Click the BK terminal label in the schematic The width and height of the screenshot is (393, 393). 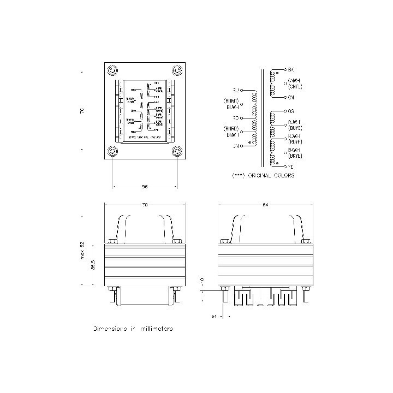click(x=291, y=70)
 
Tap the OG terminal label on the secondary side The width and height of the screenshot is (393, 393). click(x=291, y=111)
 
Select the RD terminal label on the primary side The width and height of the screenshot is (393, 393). click(x=236, y=117)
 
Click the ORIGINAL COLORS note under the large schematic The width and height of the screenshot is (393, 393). click(x=263, y=176)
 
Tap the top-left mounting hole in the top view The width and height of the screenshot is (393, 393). click(x=112, y=70)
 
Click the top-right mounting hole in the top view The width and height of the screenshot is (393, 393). click(x=176, y=70)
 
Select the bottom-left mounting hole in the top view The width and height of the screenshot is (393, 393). click(x=112, y=151)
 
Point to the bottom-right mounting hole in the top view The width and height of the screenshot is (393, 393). click(x=176, y=151)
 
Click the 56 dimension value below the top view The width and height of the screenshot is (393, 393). click(x=145, y=187)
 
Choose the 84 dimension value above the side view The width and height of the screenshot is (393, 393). click(x=265, y=205)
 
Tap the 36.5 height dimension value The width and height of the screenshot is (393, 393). click(x=93, y=265)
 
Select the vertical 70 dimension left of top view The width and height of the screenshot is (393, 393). click(x=82, y=111)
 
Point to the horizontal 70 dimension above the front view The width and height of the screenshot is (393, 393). click(x=145, y=205)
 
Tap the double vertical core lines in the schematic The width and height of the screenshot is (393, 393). click(x=264, y=117)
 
